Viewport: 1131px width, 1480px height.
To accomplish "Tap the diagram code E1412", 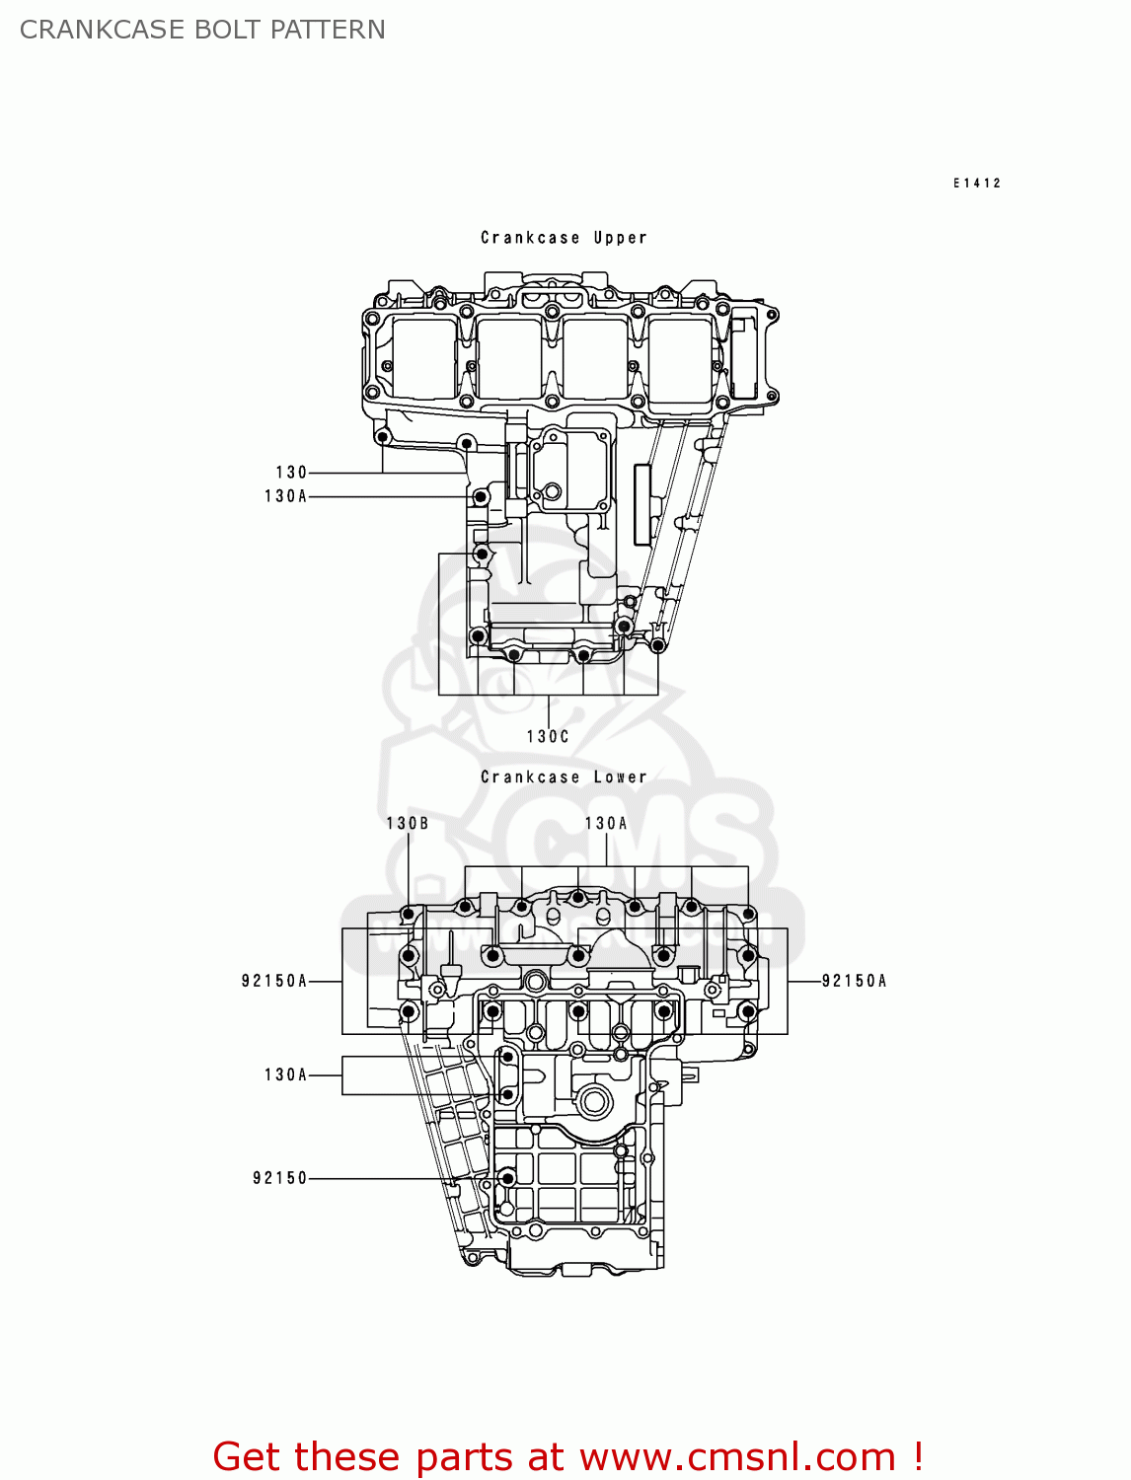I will click(976, 183).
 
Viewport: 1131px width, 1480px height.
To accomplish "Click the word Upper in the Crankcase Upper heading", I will click(620, 238).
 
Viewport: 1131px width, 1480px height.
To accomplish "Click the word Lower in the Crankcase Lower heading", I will click(620, 777).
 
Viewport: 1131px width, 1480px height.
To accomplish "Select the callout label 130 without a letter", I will click(291, 473).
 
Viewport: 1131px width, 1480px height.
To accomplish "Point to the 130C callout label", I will click(548, 736).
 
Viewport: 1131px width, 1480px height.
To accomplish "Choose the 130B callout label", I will click(407, 823).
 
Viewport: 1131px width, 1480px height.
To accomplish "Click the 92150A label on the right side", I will click(854, 981).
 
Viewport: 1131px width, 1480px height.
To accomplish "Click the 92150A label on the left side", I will click(274, 981).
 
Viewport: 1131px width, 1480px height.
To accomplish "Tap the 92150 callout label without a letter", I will click(280, 1178).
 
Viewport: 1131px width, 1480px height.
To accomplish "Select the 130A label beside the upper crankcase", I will click(285, 496).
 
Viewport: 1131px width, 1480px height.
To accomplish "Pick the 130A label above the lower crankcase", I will click(606, 823).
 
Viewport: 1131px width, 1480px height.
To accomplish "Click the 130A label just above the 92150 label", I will click(285, 1074).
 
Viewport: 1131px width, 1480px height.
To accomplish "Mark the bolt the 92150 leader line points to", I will click(507, 1178).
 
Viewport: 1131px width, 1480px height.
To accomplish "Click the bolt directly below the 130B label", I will click(408, 915).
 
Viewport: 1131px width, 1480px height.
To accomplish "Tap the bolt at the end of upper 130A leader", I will click(481, 496).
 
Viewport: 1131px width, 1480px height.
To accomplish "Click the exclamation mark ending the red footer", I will click(918, 1456).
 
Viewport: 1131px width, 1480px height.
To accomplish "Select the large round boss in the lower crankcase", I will click(594, 1101).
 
